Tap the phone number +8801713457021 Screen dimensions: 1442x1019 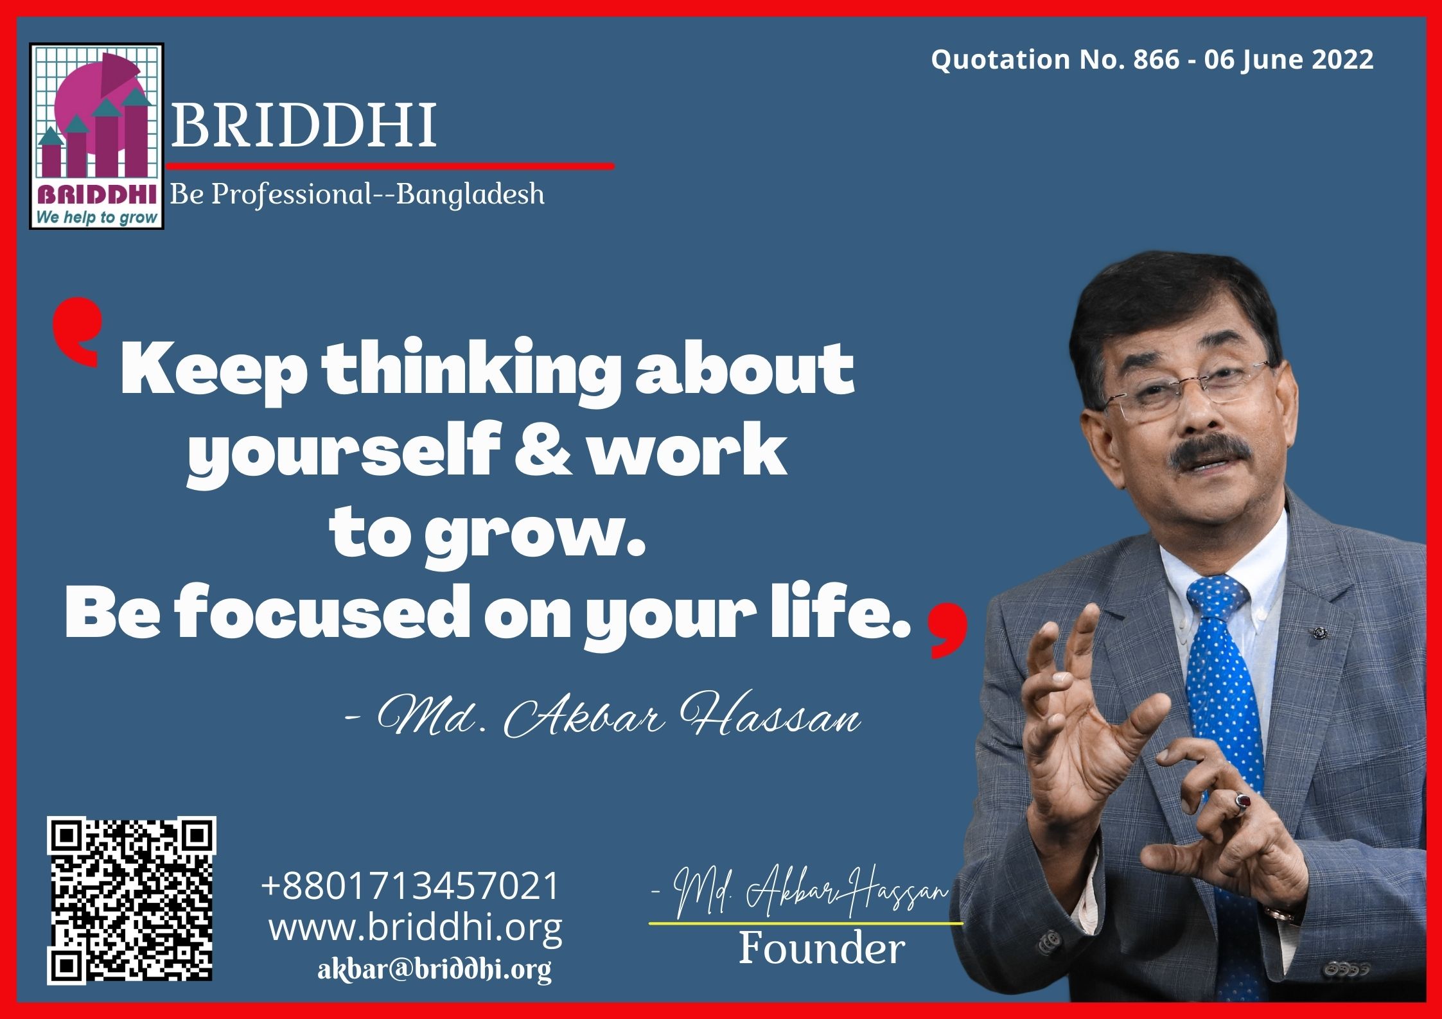pyautogui.click(x=410, y=885)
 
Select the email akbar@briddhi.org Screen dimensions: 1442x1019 pyautogui.click(x=434, y=969)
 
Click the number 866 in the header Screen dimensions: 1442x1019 pyautogui.click(x=1156, y=60)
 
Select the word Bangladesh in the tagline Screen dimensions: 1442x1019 pyautogui.click(x=470, y=194)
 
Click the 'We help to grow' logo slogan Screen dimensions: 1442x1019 pyautogui.click(x=96, y=218)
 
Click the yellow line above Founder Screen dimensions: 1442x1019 pyautogui.click(x=806, y=923)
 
